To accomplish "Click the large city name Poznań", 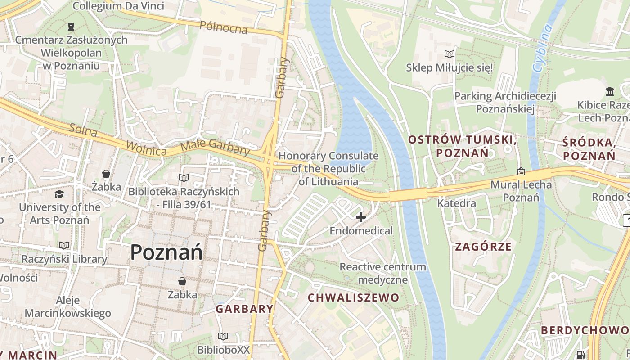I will tap(166, 253).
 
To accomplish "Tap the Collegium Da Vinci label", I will tap(118, 6).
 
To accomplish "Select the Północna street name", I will tap(224, 27).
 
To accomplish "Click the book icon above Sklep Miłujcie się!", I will tap(449, 54).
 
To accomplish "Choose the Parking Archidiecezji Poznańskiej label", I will tap(505, 102).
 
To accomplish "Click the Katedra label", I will tap(456, 203).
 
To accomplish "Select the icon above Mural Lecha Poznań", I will tap(521, 171).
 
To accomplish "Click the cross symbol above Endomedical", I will tap(360, 218).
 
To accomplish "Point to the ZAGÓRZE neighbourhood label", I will tap(483, 247).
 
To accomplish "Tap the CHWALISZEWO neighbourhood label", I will tap(353, 297).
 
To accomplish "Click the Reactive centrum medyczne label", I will tap(382, 273).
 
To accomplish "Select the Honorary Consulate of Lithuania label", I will tap(328, 169).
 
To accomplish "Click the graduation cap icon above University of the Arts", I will tap(59, 194).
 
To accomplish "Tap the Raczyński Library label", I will tap(64, 259).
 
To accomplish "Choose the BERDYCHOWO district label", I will tap(585, 330).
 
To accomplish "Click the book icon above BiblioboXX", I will tap(223, 336).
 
